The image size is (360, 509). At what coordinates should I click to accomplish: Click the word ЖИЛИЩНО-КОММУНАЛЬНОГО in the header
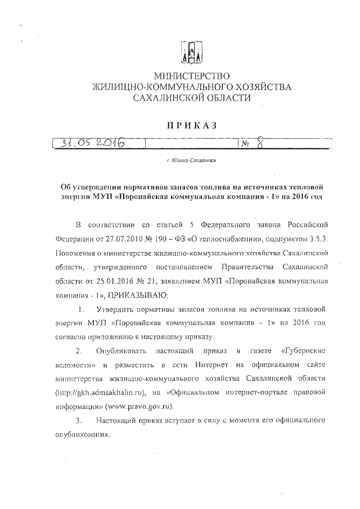159,87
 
